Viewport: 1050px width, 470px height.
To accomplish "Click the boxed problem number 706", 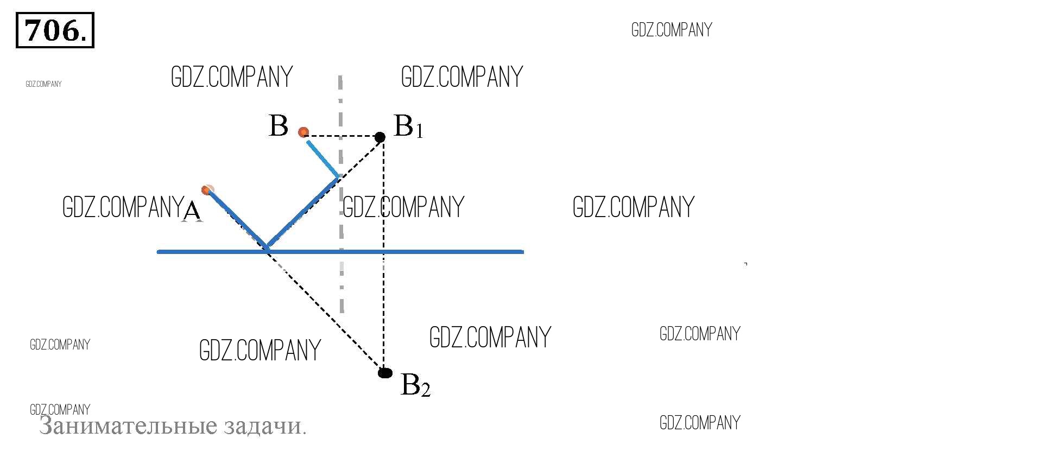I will tap(55, 30).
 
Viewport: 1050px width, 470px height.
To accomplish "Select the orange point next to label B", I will tap(303, 132).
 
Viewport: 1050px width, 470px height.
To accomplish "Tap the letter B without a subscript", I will tap(278, 126).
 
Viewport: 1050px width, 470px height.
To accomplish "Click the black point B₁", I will tap(380, 137).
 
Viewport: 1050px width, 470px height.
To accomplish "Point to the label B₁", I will tap(408, 126).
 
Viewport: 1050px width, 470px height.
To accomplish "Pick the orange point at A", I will tap(206, 190).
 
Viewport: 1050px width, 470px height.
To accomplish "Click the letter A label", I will tap(192, 212).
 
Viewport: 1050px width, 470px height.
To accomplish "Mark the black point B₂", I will tap(385, 373).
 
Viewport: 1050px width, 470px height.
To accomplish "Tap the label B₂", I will tap(415, 385).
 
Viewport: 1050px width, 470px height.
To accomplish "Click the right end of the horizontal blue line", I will tap(522, 252).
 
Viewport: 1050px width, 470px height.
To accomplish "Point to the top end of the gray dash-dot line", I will tap(340, 78).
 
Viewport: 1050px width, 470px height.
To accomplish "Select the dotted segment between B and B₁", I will tap(342, 136).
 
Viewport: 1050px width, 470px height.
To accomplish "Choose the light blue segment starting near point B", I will tap(322, 158).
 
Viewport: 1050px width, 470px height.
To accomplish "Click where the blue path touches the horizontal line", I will tap(267, 249).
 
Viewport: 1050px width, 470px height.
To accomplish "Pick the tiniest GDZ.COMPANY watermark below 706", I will tap(43, 84).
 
